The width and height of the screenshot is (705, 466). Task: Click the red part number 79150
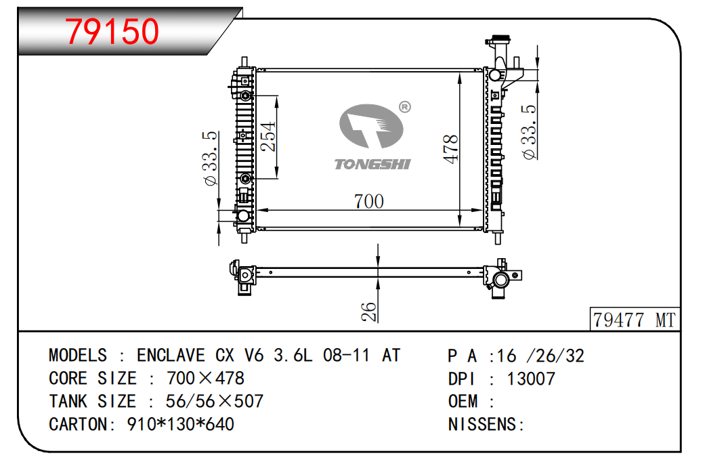click(x=112, y=31)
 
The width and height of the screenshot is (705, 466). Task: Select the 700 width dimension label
click(x=368, y=202)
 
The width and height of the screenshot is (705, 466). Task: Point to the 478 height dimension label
click(x=450, y=149)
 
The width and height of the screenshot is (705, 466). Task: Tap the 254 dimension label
click(x=268, y=136)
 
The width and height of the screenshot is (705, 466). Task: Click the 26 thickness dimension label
click(x=368, y=312)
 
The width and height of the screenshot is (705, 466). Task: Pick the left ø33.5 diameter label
click(x=211, y=158)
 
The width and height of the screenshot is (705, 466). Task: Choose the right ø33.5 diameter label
click(x=529, y=132)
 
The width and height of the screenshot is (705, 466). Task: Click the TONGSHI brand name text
click(x=372, y=164)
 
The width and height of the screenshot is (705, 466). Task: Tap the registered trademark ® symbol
click(x=405, y=107)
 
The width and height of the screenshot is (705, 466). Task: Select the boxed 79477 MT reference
click(x=635, y=320)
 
